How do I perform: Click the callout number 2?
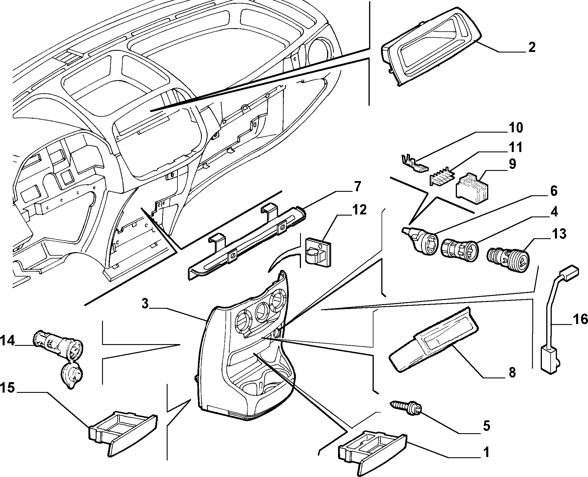click(531, 47)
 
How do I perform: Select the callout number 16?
click(580, 319)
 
